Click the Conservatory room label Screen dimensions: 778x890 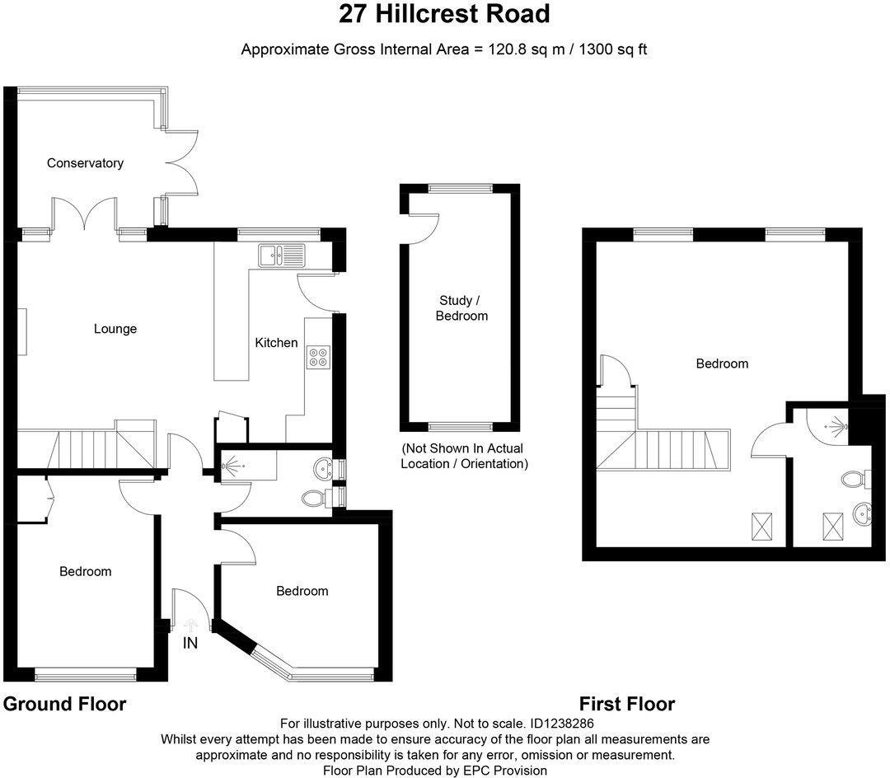[85, 163]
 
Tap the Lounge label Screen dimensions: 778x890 [115, 329]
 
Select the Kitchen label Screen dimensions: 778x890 [276, 343]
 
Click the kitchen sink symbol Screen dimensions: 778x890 [281, 255]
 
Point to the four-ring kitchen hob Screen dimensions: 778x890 [319, 356]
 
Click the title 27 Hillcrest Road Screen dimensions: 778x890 [445, 14]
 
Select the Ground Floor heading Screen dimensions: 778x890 [65, 704]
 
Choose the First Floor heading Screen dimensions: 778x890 [627, 704]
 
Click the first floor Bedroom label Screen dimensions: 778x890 [722, 363]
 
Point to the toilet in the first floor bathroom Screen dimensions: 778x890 [852, 478]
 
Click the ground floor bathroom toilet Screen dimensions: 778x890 [316, 497]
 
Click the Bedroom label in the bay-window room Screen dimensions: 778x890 [302, 591]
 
